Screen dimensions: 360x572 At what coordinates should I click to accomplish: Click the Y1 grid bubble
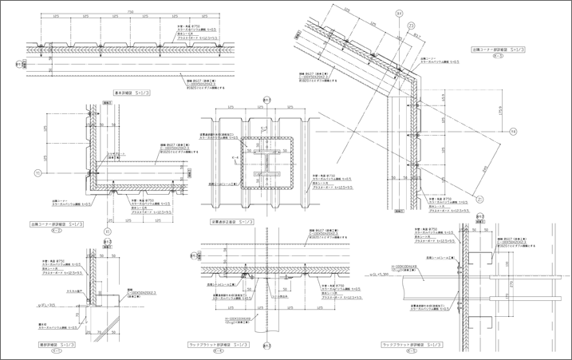[37, 172]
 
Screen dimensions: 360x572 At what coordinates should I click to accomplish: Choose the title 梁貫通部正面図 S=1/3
[233, 221]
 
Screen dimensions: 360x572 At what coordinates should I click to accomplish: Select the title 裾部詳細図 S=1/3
[53, 344]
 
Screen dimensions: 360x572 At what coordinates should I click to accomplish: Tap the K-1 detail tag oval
[54, 351]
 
